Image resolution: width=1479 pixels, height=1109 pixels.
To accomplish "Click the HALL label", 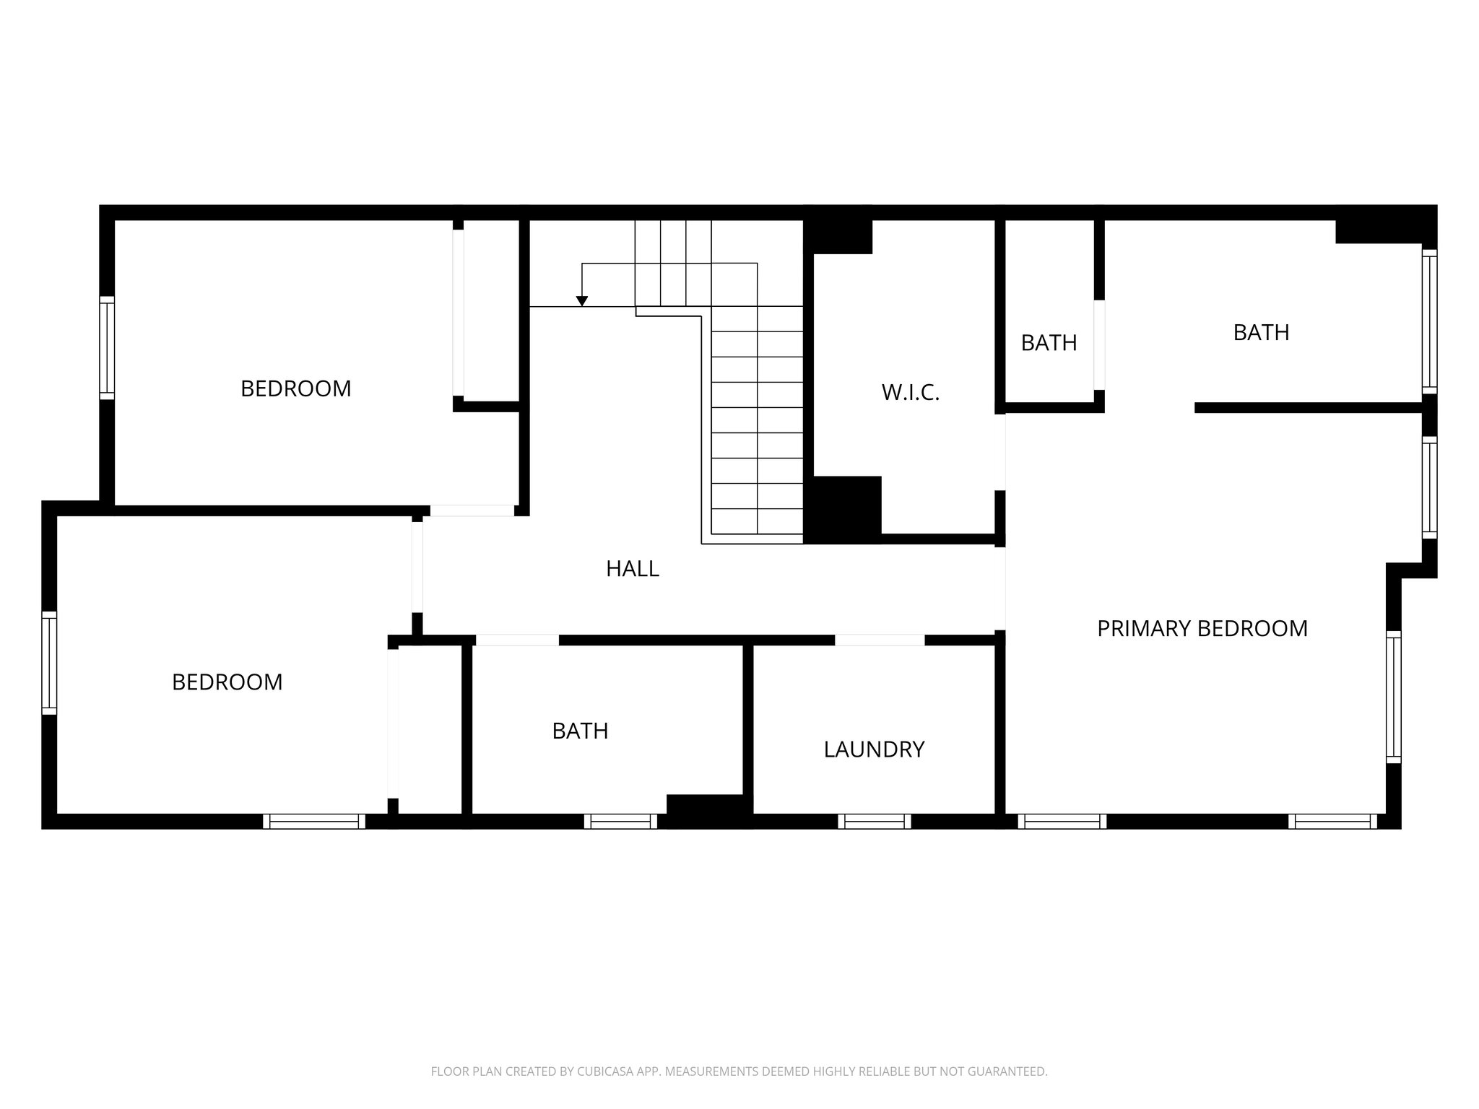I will tap(633, 569).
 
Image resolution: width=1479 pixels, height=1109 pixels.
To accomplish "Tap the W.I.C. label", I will tap(910, 393).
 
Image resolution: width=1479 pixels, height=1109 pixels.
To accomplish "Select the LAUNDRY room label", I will tap(874, 749).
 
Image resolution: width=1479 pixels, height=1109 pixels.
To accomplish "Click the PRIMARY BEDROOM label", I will tap(1202, 629).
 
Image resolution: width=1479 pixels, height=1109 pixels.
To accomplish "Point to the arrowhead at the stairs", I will tap(582, 301).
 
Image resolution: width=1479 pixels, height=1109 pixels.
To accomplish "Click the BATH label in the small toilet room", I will tap(1049, 343).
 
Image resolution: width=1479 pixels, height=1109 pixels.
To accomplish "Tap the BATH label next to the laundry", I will tap(580, 731).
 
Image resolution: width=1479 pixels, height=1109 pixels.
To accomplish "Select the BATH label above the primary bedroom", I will tap(1261, 333).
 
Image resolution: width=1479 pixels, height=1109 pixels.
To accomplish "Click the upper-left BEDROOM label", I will tap(295, 389).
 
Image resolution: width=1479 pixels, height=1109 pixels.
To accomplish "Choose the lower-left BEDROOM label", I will tap(227, 682).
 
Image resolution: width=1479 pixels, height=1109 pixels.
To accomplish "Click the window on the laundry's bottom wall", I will tap(875, 821).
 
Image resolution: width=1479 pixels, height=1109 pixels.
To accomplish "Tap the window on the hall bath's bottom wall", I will tap(620, 821).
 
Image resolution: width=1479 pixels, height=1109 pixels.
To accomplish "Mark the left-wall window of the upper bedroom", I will tap(107, 347).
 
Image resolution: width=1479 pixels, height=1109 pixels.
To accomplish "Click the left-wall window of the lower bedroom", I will tap(49, 663).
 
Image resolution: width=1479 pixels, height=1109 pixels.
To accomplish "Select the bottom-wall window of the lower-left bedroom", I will tap(314, 821).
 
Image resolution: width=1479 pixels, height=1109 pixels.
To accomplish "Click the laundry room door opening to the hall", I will tap(880, 640).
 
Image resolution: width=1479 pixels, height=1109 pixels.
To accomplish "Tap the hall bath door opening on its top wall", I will tap(517, 640).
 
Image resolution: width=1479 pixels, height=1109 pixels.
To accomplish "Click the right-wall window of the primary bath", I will tap(1429, 321).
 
